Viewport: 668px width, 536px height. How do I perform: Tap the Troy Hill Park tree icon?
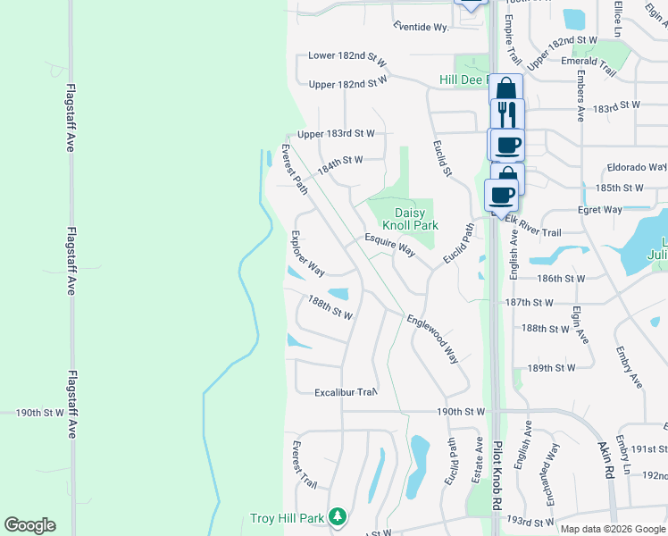click(x=337, y=516)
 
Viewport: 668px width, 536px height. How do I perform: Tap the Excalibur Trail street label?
click(x=346, y=392)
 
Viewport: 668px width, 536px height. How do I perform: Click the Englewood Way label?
click(x=432, y=339)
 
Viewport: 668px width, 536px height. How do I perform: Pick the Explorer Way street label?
click(x=307, y=254)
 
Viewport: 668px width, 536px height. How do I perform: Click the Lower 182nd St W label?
click(x=347, y=55)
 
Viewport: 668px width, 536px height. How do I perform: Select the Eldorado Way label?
click(x=637, y=167)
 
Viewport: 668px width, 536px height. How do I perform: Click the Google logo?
click(x=29, y=525)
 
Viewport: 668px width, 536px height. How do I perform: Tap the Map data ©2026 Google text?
click(x=612, y=529)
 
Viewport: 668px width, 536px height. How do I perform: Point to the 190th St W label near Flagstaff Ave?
click(x=40, y=413)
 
